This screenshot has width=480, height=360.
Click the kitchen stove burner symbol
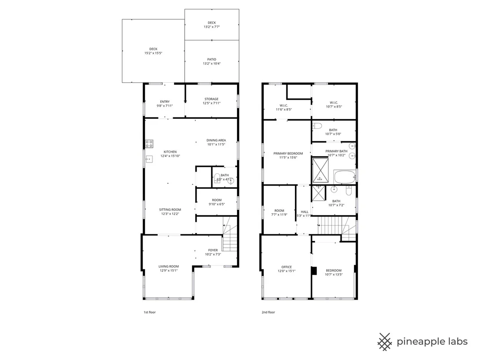(x=149, y=143)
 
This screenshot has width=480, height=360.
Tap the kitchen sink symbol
(x=149, y=159)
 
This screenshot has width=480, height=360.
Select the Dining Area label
(x=216, y=140)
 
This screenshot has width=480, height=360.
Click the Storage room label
(x=211, y=99)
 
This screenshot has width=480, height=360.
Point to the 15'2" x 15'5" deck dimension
(x=153, y=53)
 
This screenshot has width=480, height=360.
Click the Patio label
(x=211, y=59)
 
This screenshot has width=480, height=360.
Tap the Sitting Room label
(x=170, y=210)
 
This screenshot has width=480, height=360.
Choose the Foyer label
(x=213, y=250)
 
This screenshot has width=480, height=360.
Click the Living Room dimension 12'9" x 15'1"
(x=169, y=271)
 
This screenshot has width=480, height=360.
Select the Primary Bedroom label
(x=288, y=153)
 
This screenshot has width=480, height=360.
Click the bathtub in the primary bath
(x=345, y=177)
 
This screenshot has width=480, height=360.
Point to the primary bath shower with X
(x=320, y=170)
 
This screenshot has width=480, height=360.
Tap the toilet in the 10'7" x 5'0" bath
(x=317, y=126)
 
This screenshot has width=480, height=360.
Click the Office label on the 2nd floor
(x=286, y=267)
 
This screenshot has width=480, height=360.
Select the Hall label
(x=305, y=211)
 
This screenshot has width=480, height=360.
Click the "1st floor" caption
(x=150, y=312)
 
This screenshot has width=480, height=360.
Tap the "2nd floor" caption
(x=268, y=312)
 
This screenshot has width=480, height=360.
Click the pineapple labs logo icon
(x=385, y=342)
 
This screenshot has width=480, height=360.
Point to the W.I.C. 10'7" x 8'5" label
(x=334, y=104)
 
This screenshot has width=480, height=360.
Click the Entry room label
(x=165, y=102)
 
